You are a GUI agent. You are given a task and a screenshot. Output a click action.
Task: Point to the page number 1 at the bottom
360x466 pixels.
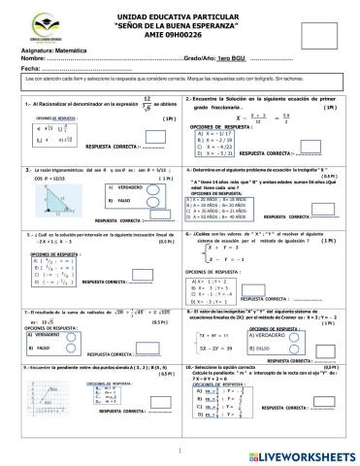[x=180, y=452]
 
